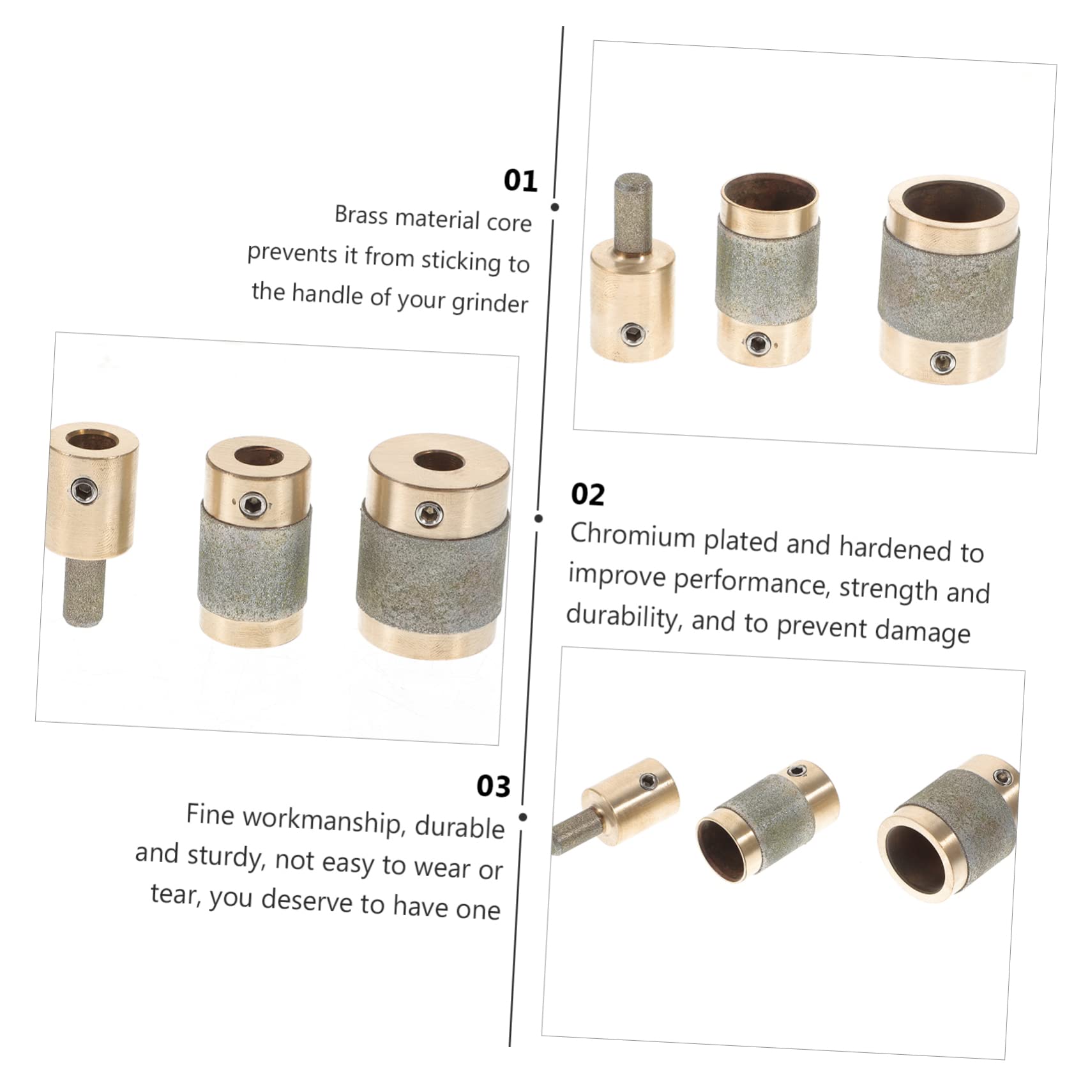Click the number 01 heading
coord(520,181)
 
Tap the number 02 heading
coord(587,494)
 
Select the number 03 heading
coord(494,786)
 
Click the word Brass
coord(361,215)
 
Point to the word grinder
coord(490,302)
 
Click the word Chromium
coord(633,535)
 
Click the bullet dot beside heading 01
coord(555,207)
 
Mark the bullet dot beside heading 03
coord(523,817)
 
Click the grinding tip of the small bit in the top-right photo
coord(633,207)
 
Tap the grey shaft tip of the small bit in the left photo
coord(84,594)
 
